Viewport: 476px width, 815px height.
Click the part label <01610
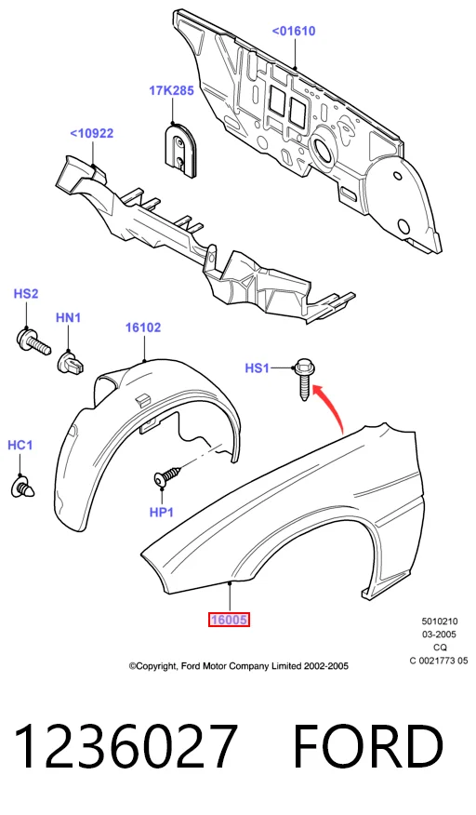294,32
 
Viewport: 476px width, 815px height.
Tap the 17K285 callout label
171,90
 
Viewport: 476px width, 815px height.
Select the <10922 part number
91,133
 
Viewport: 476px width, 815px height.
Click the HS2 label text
26,294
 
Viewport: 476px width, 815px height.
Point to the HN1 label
68,317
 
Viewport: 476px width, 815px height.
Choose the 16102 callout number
143,327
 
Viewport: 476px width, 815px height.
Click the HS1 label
258,368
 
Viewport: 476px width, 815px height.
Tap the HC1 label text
20,445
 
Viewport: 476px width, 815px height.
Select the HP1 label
162,512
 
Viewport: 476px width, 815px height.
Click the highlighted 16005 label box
229,620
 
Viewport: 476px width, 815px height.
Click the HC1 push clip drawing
23,486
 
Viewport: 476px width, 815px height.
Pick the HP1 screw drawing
168,475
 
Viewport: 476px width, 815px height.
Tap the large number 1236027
126,746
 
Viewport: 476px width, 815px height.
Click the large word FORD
368,746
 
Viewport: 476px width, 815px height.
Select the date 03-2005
439,635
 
